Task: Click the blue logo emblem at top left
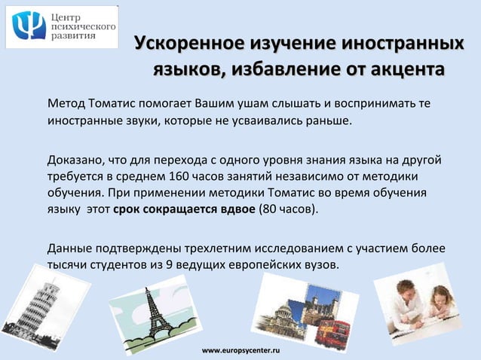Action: [x=29, y=28]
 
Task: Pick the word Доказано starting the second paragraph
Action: [x=75, y=160]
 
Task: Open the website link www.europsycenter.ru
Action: [x=240, y=352]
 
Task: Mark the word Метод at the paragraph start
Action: [x=66, y=102]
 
